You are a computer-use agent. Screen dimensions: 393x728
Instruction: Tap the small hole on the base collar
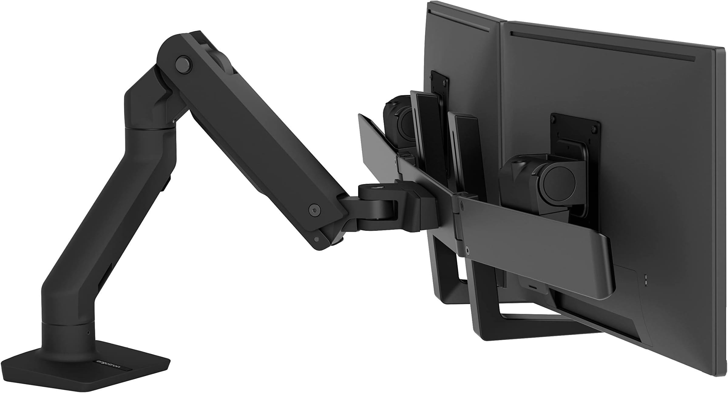coord(88,333)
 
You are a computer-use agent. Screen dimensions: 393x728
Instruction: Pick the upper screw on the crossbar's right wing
coord(462,205)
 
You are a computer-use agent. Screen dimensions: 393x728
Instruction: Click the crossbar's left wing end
coord(364,121)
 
